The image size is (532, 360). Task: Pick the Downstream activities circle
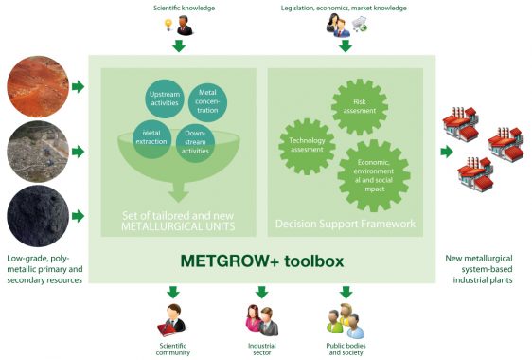(195, 143)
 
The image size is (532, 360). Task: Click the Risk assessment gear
(359, 104)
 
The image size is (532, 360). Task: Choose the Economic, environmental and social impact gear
(373, 174)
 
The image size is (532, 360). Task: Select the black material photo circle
(34, 215)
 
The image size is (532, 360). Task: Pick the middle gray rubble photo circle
(34, 152)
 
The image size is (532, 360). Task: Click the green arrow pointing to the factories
(445, 152)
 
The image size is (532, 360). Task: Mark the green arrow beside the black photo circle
(78, 217)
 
